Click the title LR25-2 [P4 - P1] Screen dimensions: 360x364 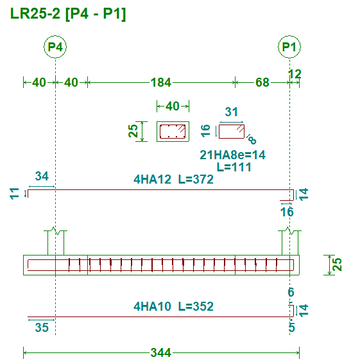pyautogui.click(x=68, y=14)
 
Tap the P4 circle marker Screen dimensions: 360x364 pyautogui.click(x=55, y=47)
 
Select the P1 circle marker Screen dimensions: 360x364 pyautogui.click(x=289, y=47)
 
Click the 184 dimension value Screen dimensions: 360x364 pyautogui.click(x=161, y=82)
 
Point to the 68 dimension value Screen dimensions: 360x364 pyautogui.click(x=262, y=82)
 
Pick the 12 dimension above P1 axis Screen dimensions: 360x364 pyautogui.click(x=295, y=74)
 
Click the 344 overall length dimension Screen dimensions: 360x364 pyautogui.click(x=161, y=352)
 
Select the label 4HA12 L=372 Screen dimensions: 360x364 pyautogui.click(x=173, y=180)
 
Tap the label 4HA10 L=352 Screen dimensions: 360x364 pyautogui.click(x=173, y=306)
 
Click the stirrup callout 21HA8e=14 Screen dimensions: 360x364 pyautogui.click(x=232, y=155)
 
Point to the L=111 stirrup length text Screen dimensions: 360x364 pyautogui.click(x=234, y=167)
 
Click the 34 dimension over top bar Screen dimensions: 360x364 pyautogui.click(x=42, y=176)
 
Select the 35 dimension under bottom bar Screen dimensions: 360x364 pyautogui.click(x=42, y=327)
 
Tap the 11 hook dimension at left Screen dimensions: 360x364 pyautogui.click(x=14, y=194)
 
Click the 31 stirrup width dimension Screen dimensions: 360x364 pyautogui.click(x=232, y=112)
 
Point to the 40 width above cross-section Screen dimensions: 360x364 pyautogui.click(x=173, y=107)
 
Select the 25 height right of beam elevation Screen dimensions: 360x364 pyautogui.click(x=338, y=264)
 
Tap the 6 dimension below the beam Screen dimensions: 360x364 pyautogui.click(x=291, y=292)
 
